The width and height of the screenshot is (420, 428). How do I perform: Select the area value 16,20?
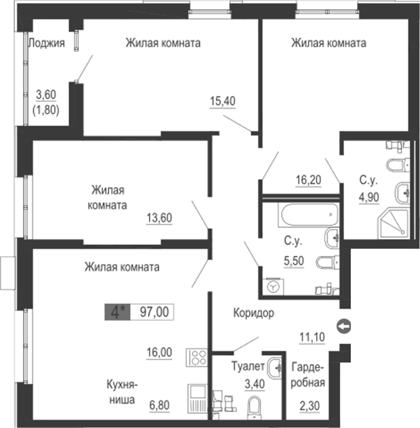click(308, 180)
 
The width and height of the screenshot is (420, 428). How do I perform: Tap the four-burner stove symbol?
click(197, 359)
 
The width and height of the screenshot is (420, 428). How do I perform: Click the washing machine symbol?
click(273, 285)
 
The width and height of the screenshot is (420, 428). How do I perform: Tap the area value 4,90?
click(368, 199)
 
